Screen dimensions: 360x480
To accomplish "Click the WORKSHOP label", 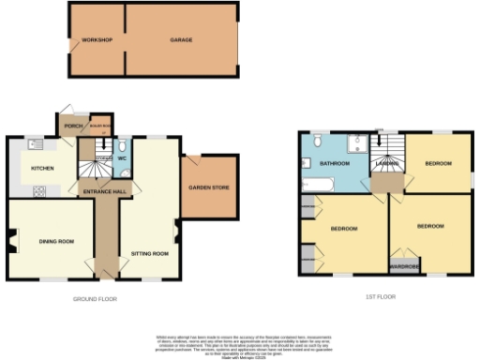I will [x=97, y=40].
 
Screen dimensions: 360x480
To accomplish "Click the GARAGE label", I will [x=181, y=40].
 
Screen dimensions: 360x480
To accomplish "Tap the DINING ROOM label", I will [x=56, y=242].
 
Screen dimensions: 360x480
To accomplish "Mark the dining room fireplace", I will [x=11, y=241].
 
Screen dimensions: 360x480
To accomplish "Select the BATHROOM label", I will [x=334, y=163].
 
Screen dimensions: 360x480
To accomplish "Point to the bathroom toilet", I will [x=318, y=141].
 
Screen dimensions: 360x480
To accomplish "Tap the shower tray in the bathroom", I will [x=353, y=143].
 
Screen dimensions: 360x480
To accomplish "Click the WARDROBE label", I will [x=404, y=265].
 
